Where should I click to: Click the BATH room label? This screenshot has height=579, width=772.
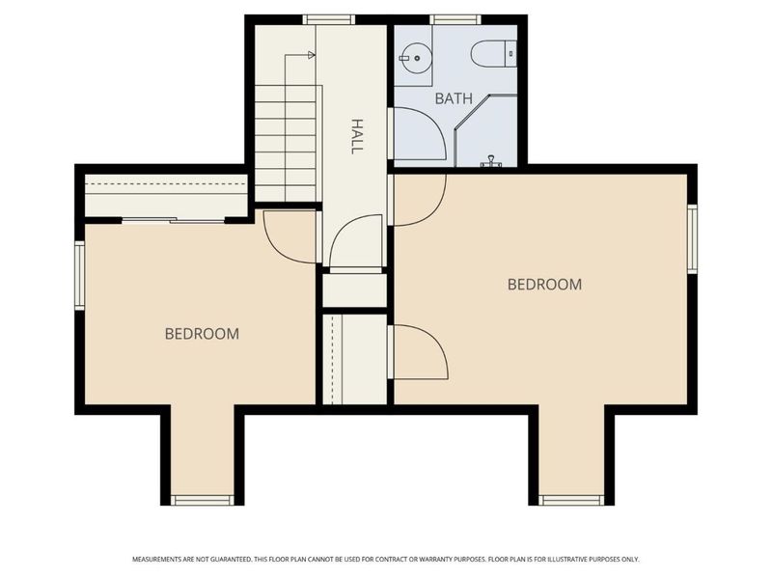[x=454, y=98]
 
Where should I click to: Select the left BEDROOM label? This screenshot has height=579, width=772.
[x=202, y=334]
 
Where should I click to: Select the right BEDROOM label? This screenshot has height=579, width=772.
[x=544, y=284]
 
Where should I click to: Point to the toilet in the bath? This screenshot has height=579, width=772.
[x=493, y=53]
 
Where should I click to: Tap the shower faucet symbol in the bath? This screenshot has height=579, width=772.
[x=490, y=161]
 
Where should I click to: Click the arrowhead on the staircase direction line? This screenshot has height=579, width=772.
[x=311, y=55]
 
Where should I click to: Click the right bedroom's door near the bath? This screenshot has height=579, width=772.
[x=434, y=212]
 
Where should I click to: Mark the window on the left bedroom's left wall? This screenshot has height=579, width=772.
[x=80, y=275]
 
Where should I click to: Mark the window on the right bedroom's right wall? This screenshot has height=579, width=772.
[x=692, y=238]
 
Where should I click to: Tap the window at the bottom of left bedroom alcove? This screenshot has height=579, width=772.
[x=203, y=500]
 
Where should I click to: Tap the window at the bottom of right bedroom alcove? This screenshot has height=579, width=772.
[x=571, y=500]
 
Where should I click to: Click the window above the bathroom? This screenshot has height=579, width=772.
[x=455, y=19]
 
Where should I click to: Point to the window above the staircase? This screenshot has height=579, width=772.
[x=328, y=19]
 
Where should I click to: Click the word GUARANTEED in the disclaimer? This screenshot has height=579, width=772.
[x=231, y=560]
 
